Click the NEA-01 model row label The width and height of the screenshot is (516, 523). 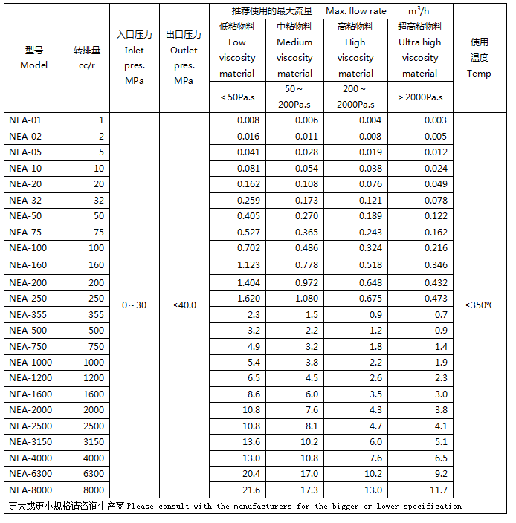[x=25, y=120]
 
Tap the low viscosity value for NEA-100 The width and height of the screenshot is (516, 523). [x=248, y=248]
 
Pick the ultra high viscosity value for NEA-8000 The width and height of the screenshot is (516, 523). [x=439, y=490]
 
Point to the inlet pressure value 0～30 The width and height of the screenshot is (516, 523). [x=134, y=305]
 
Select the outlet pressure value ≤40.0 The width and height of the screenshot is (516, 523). [x=184, y=305]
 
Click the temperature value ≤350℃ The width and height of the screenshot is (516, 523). [x=480, y=305]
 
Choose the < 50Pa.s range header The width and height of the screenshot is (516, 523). [x=236, y=97]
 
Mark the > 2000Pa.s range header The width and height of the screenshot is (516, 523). [x=420, y=97]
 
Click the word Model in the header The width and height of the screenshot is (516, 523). [x=34, y=65]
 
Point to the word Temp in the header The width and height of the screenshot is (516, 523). [x=479, y=73]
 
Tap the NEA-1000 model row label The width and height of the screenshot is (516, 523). [x=31, y=362]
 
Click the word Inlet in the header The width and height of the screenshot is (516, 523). [x=134, y=51]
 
